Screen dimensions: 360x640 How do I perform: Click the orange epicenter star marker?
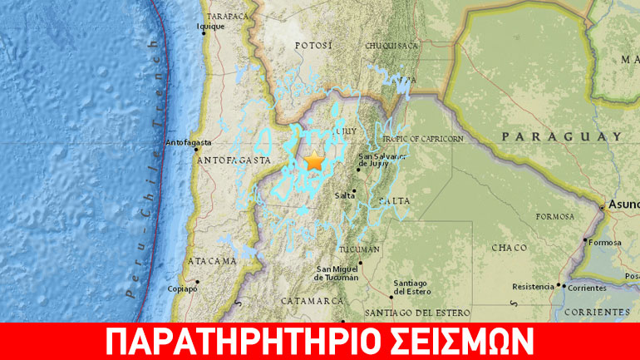[314, 162]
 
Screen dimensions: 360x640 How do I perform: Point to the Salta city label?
[345, 195]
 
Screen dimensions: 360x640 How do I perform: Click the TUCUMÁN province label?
[361, 249]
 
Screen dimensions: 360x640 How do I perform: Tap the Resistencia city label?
[532, 287]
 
